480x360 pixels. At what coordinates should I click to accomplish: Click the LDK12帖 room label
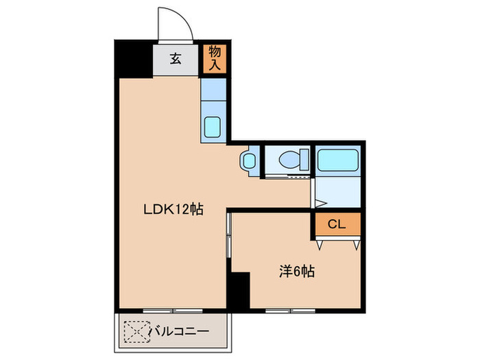click(171, 210)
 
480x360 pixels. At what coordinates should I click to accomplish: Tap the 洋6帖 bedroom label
click(296, 272)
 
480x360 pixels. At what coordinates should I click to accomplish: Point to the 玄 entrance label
click(175, 59)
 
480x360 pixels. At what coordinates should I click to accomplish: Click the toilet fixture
click(287, 161)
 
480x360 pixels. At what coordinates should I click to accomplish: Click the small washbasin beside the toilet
click(248, 161)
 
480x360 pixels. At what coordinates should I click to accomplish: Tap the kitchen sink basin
click(212, 128)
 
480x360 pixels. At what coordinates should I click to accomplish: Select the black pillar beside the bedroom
click(238, 290)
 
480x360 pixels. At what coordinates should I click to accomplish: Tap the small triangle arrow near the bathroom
click(319, 203)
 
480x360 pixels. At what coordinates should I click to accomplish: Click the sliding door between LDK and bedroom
click(229, 237)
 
